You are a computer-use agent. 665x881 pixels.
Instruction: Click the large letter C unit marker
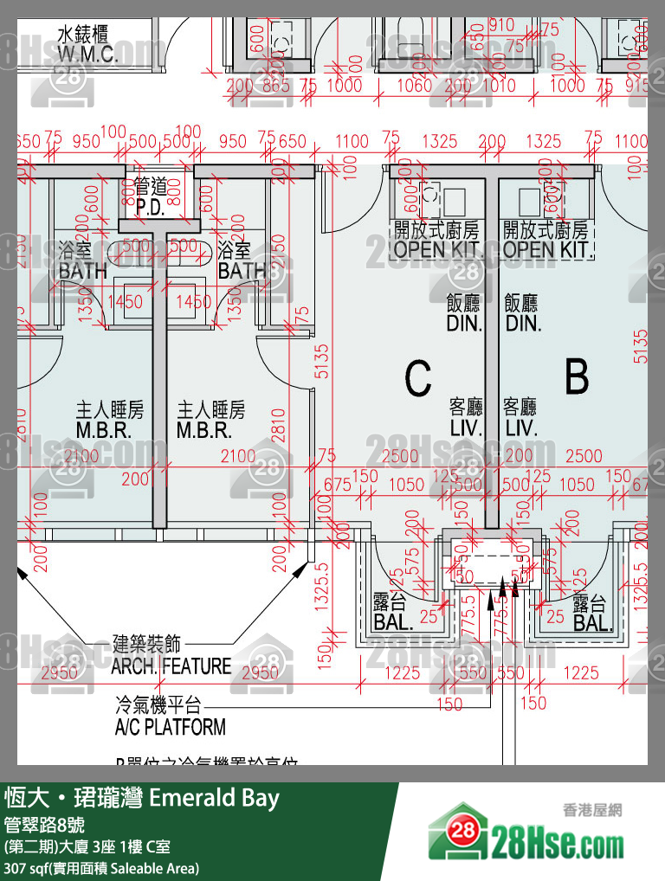pos(418,378)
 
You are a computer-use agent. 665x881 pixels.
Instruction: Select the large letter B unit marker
pos(577,378)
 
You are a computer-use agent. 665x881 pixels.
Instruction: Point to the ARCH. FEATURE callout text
pos(171,666)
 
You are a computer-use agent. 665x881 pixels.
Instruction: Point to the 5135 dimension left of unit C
pos(321,362)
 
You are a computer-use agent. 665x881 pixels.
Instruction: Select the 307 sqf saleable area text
pos(101,867)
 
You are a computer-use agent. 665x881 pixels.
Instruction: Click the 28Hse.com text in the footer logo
pos(558,841)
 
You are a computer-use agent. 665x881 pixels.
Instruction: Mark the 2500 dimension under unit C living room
pos(399,456)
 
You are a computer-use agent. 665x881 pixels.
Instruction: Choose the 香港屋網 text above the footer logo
pos(593,811)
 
